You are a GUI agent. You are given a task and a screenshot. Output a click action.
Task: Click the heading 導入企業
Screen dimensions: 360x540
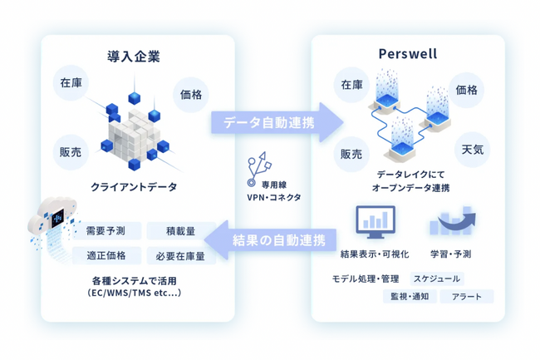click(134, 57)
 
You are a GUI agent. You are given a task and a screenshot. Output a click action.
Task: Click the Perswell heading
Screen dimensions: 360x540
click(407, 57)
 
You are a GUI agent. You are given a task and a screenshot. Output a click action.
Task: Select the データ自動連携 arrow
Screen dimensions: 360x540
click(273, 123)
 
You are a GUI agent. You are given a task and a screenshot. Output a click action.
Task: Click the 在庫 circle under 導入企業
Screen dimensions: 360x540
click(72, 84)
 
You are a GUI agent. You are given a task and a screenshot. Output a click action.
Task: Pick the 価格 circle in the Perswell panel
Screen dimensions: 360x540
click(467, 89)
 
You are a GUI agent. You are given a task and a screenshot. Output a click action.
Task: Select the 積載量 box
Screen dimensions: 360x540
click(180, 231)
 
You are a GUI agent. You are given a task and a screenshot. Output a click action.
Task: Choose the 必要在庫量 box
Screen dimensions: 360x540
click(180, 256)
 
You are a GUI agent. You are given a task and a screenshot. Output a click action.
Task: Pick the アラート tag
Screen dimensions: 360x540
click(471, 296)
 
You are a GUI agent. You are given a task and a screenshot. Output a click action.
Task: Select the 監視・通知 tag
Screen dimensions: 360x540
click(409, 296)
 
